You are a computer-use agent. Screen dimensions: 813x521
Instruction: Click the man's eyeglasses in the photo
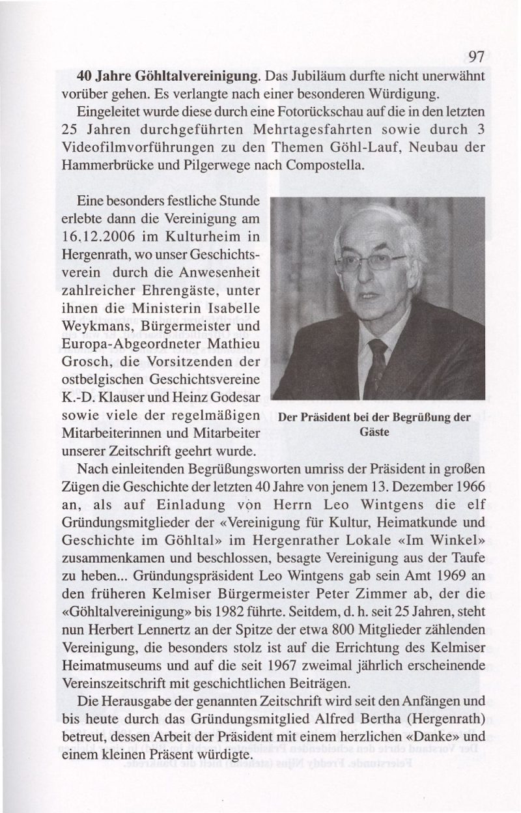[x=369, y=262]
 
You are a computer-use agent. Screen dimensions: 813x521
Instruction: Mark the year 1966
[x=468, y=486]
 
